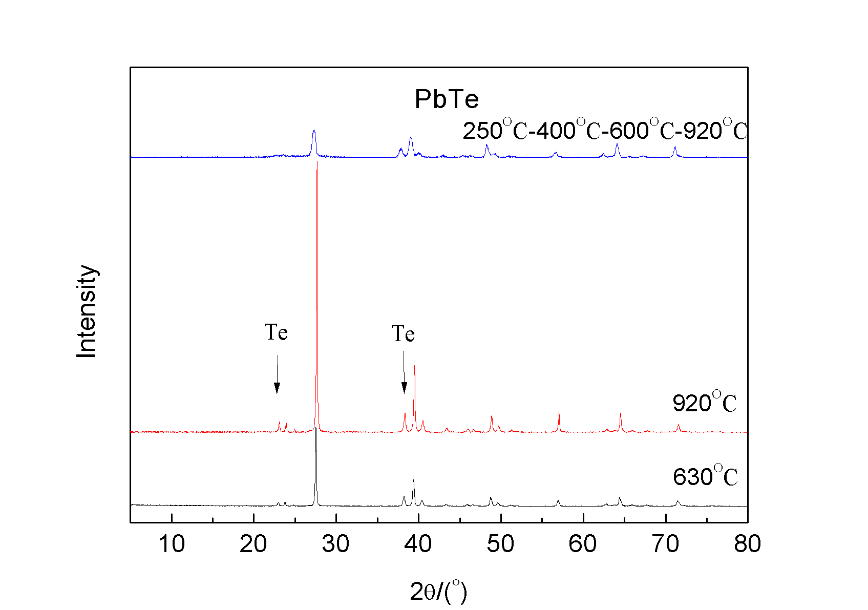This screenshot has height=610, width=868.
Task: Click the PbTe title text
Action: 447,99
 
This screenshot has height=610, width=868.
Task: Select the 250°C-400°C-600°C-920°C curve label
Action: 605,130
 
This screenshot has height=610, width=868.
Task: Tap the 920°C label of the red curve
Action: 705,403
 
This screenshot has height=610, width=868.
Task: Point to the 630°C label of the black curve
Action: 705,476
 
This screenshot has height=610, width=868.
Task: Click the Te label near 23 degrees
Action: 276,333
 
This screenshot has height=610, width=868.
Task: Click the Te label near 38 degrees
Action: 403,334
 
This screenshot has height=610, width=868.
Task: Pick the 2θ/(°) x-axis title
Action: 439,592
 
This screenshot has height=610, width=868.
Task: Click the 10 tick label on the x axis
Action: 172,544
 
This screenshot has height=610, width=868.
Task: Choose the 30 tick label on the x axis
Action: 336,544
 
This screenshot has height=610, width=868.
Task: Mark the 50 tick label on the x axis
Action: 500,544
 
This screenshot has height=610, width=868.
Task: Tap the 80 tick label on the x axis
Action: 747,544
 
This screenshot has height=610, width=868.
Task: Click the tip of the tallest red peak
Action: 317,163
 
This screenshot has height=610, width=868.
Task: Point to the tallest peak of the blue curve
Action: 314,131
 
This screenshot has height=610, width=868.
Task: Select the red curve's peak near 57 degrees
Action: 559,413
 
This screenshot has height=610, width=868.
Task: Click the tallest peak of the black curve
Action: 316,429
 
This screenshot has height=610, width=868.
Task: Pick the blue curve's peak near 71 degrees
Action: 675,148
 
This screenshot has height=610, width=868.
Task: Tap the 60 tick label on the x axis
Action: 583,544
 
